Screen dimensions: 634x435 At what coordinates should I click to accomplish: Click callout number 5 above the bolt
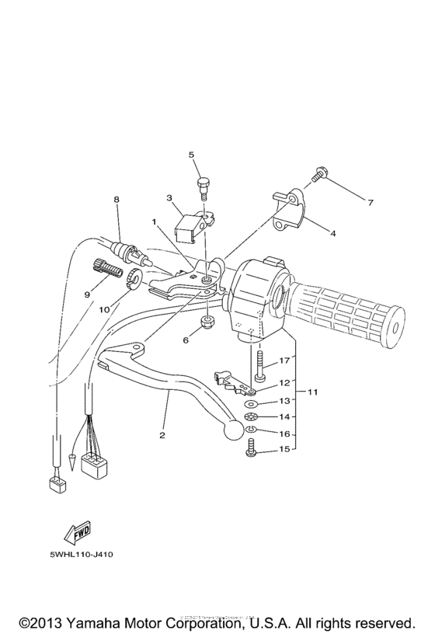(191, 155)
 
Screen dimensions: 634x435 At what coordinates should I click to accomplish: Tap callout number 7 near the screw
(371, 203)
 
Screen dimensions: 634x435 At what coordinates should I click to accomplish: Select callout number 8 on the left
(117, 200)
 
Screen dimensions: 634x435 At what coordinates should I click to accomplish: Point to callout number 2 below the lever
(162, 435)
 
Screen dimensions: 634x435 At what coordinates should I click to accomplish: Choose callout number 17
(284, 360)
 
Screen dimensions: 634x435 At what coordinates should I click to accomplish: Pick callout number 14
(284, 417)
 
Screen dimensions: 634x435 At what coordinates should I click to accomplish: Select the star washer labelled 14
(252, 417)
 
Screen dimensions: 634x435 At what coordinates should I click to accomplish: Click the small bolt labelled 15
(252, 448)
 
